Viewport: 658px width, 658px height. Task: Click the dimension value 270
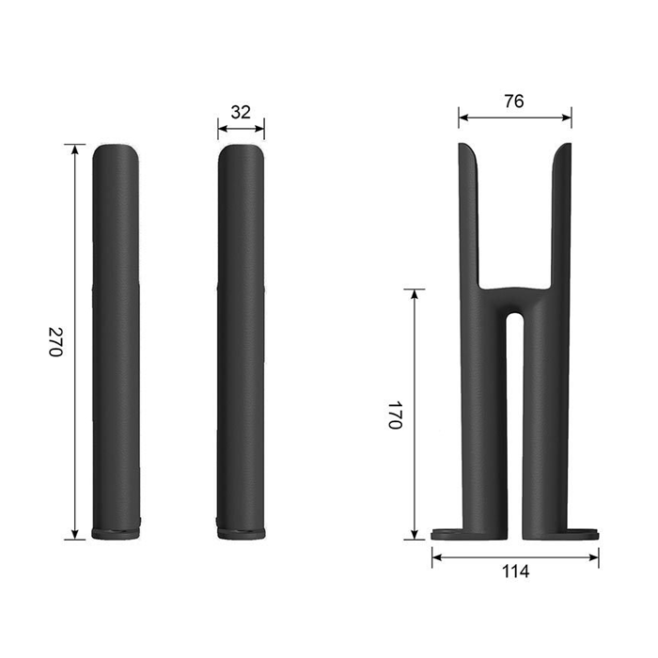(55, 341)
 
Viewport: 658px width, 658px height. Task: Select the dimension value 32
(241, 112)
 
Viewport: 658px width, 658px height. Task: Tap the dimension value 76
(514, 102)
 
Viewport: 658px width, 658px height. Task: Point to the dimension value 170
(395, 415)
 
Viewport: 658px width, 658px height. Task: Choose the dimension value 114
(516, 572)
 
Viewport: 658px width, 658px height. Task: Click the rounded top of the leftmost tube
(116, 151)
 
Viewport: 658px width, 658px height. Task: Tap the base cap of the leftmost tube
(116, 534)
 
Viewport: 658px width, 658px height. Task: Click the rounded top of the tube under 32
(241, 151)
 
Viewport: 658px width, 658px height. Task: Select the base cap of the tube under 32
(242, 534)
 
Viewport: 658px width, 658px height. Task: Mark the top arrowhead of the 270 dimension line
(75, 149)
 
